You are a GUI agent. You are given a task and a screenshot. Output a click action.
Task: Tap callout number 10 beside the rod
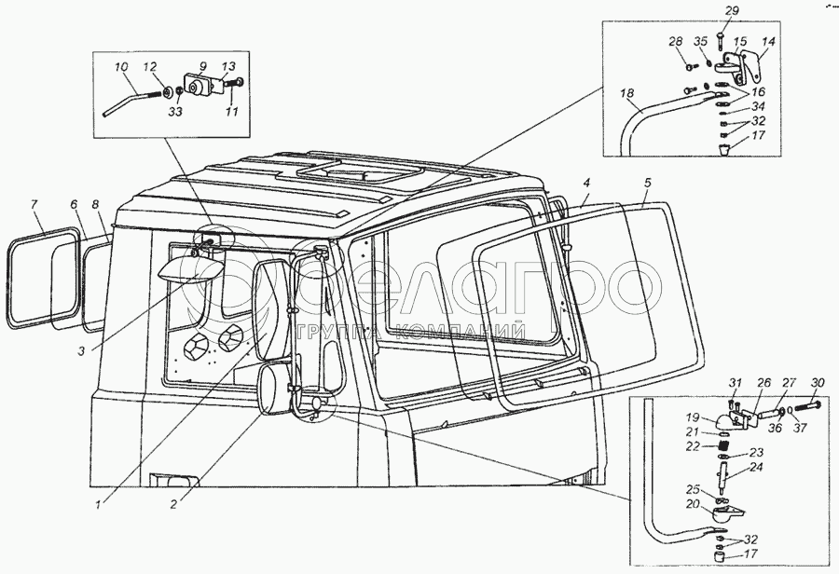[121, 67]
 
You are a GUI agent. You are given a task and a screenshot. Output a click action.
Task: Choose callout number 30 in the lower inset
[818, 383]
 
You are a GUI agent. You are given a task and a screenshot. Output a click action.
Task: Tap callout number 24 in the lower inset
[754, 467]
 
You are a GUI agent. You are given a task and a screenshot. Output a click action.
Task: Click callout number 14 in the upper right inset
[768, 42]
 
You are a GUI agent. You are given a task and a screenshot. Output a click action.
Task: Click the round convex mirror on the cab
[276, 389]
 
